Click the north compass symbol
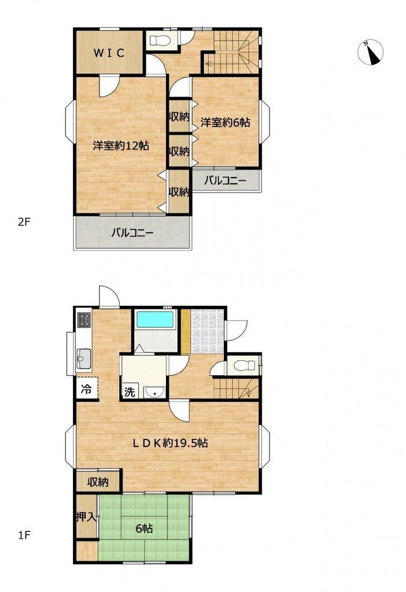point(370,52)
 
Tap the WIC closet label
point(109,53)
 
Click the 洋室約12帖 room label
point(121,145)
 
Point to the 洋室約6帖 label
point(225,122)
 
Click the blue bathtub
point(155,320)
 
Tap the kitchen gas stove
point(84,320)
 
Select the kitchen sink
point(84,358)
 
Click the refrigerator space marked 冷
point(87,389)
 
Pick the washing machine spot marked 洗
point(130,392)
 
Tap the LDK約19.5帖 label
point(169,442)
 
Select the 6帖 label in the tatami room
point(144,528)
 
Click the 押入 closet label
point(87,517)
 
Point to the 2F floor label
point(24,222)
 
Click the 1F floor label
point(24,535)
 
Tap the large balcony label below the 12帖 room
point(132,232)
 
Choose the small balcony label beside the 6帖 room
point(225,181)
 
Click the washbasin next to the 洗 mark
point(154,393)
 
